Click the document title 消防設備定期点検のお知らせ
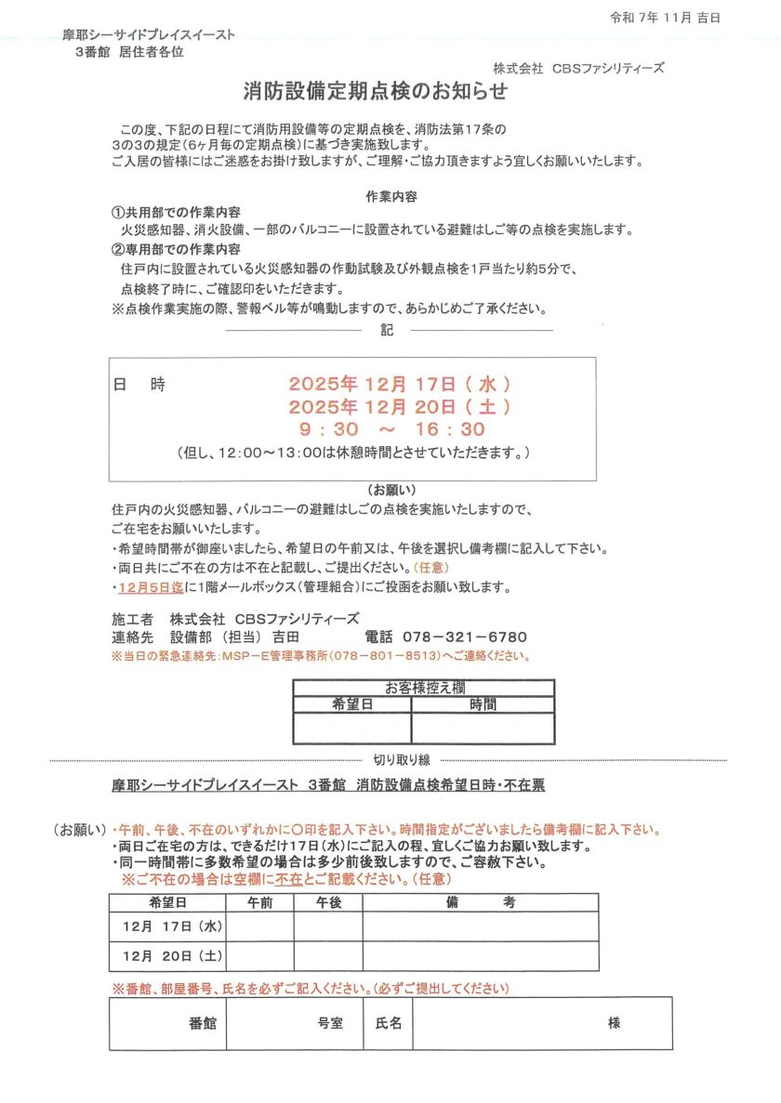(376, 91)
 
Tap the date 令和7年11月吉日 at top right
(665, 18)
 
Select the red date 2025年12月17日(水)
(400, 383)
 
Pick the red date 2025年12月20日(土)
(400, 406)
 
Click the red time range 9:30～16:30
(391, 429)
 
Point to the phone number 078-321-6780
(465, 637)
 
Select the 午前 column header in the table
(260, 902)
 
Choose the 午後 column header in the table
(328, 902)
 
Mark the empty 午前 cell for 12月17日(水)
(260, 926)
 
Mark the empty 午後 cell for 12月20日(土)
(328, 955)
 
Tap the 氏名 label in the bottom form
(388, 1023)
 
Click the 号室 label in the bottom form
(330, 1023)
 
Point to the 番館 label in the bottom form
(203, 1023)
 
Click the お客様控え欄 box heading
(424, 688)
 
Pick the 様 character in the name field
(615, 1023)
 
